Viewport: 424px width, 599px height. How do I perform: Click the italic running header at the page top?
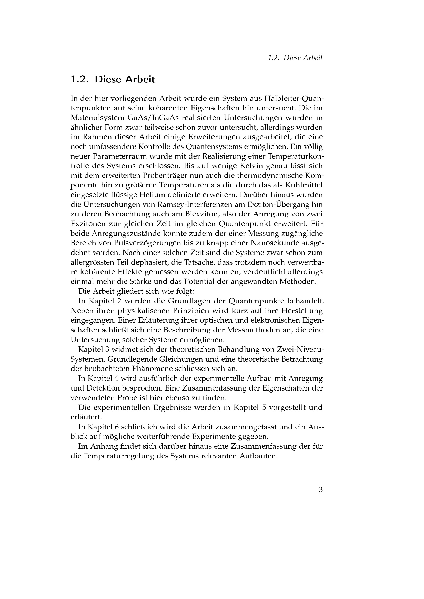tap(295, 58)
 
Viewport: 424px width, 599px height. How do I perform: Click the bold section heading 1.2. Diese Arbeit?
tap(113, 79)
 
